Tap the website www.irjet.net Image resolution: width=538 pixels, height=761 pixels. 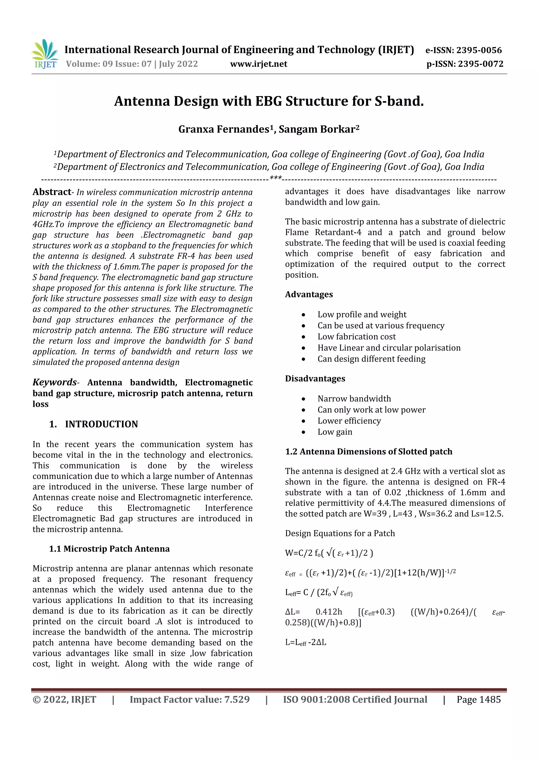[258, 64]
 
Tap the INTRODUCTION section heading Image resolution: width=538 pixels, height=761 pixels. [101, 424]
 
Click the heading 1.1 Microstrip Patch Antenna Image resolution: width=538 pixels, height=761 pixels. [109, 549]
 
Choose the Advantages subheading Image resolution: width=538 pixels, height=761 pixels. [309, 294]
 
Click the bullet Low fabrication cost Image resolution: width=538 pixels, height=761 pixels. [356, 337]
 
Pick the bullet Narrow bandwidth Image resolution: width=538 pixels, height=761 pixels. [354, 399]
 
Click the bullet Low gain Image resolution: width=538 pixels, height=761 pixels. [335, 432]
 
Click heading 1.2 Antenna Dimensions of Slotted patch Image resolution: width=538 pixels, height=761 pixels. [368, 452]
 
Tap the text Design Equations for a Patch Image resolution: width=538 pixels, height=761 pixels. [340, 533]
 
